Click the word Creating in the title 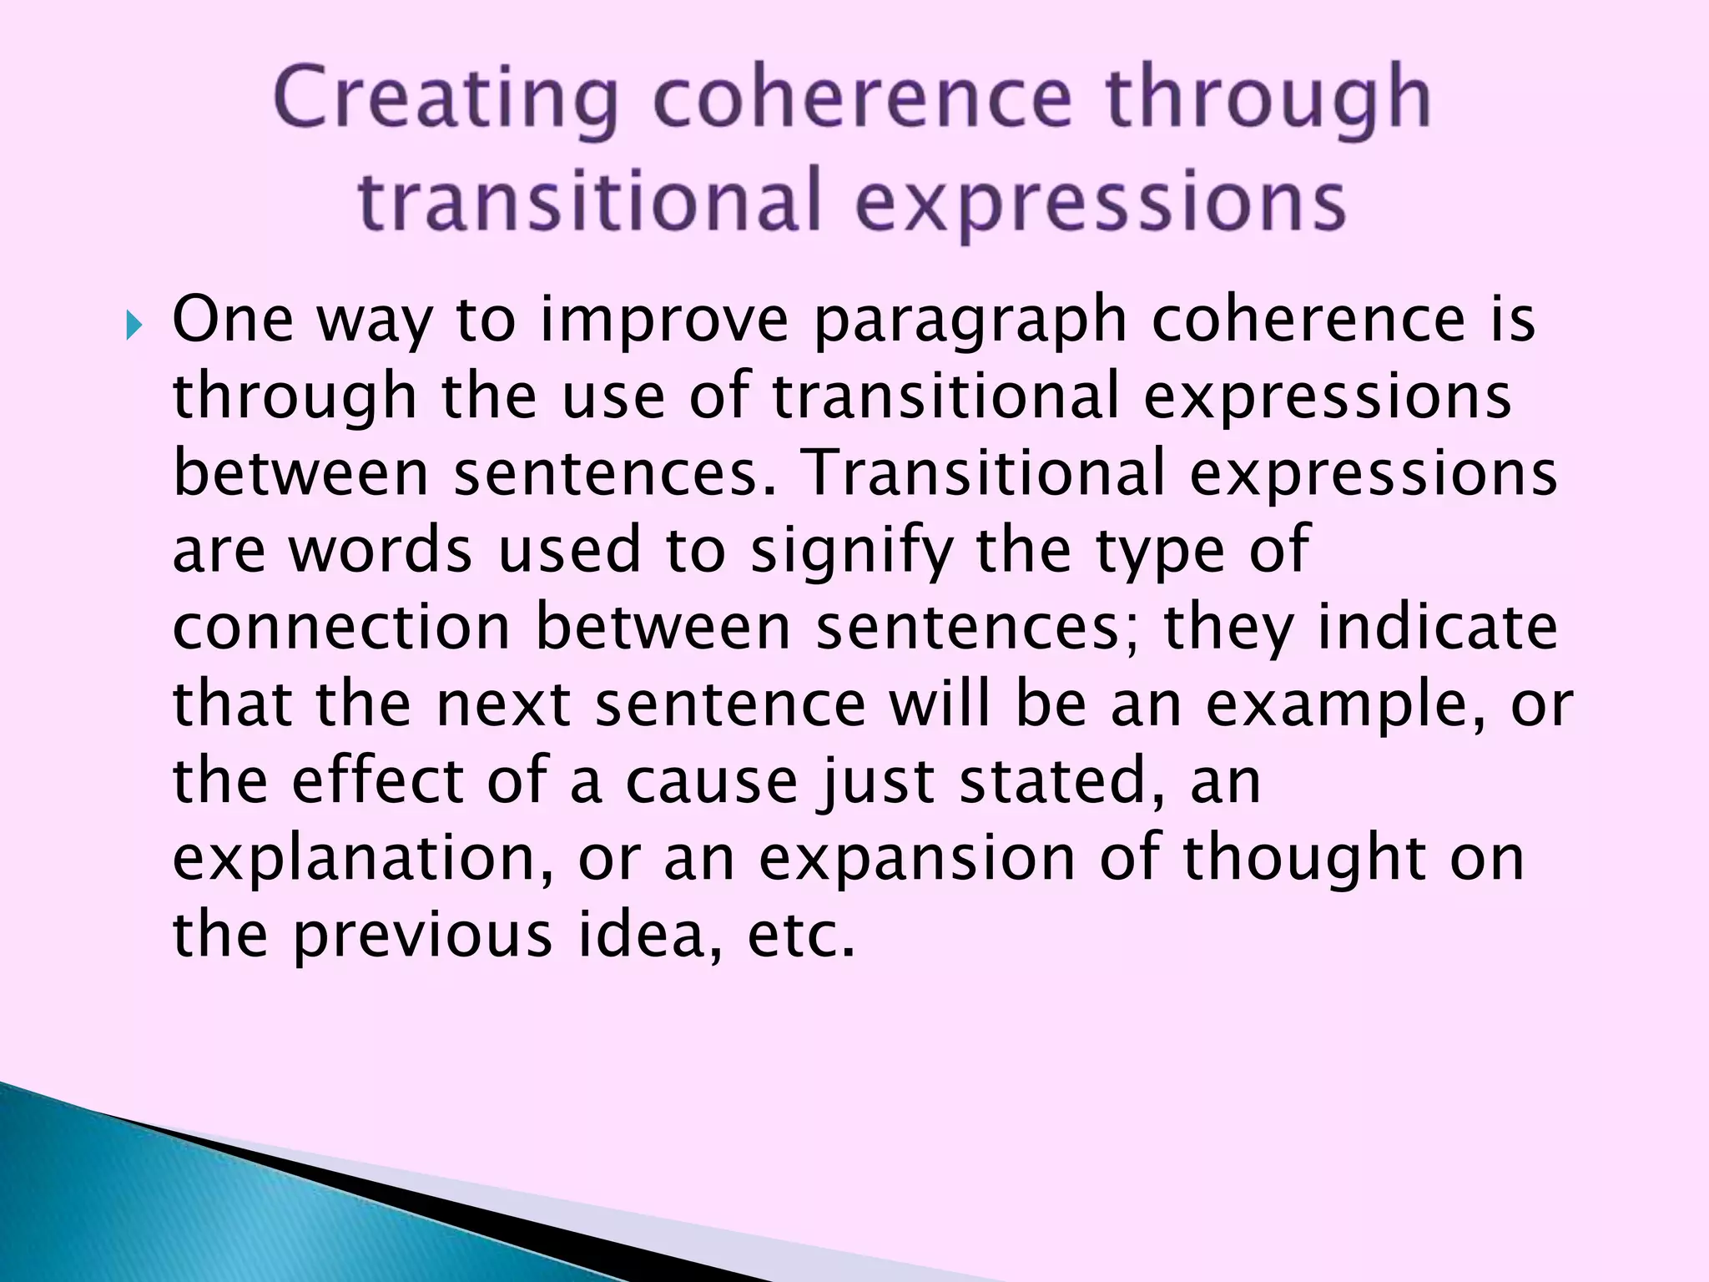coord(445,100)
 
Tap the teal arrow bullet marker coord(134,325)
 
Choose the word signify coord(851,552)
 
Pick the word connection coord(340,627)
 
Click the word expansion coord(917,861)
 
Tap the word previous coord(422,936)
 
